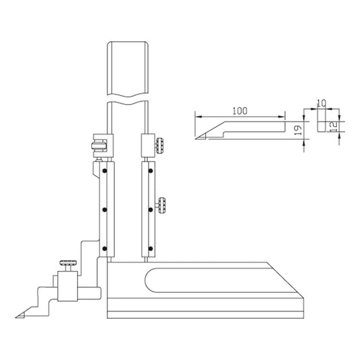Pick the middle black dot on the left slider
point(104,210)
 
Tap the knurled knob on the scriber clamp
point(66,263)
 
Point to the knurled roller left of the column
point(97,144)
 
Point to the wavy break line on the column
point(127,100)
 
